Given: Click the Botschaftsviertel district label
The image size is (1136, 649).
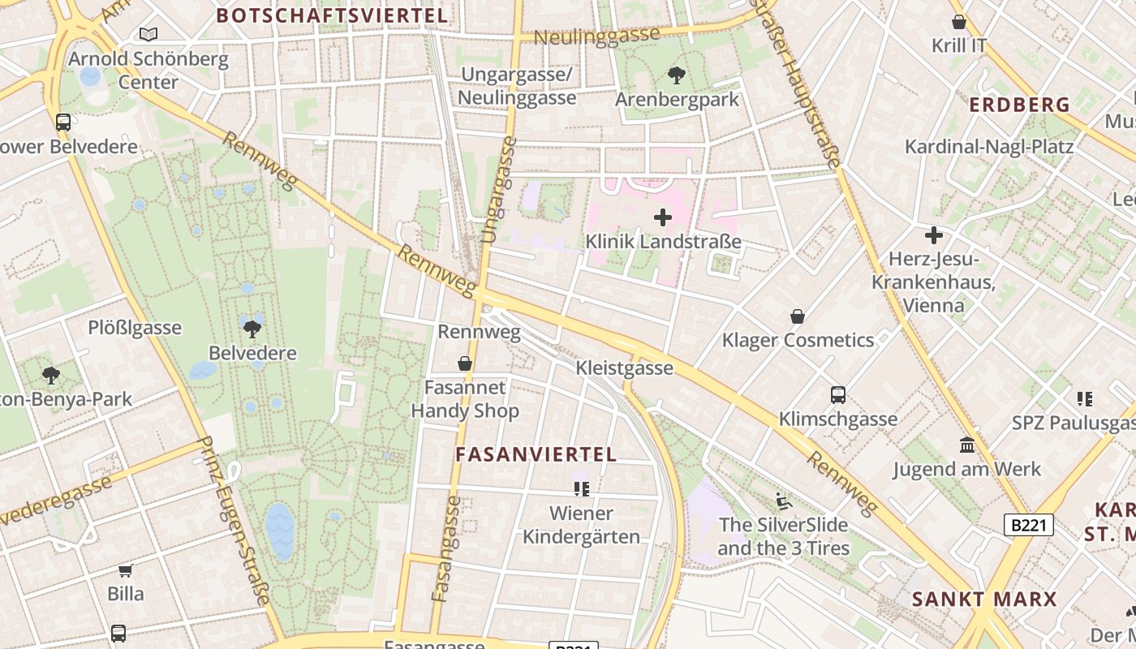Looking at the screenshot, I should pos(332,15).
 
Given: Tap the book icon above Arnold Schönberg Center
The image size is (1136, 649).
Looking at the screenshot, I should pos(148,34).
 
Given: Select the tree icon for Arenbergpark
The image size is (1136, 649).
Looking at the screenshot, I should pos(676,75).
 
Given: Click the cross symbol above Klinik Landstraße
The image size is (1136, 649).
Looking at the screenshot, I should pos(663,217).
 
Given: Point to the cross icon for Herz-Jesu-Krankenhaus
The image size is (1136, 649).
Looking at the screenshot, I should pos(934,235).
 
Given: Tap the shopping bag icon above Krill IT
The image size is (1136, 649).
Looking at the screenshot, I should pos(958,22).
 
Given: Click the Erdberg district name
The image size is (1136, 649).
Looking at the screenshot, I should pos(1020,104).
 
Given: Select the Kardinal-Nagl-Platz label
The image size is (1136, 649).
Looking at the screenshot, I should pos(989,147).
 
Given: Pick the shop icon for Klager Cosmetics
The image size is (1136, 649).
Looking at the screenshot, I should pos(798,316).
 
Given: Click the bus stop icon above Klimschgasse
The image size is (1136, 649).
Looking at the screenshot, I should pos(838,395).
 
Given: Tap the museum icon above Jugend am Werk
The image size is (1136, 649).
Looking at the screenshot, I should pos(967,445).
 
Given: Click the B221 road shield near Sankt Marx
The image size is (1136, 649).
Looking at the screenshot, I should pos(1028,525).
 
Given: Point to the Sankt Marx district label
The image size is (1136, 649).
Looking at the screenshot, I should pos(984,600).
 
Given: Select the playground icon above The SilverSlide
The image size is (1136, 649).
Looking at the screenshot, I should pos(783,501).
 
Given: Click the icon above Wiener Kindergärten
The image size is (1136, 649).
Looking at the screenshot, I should pos(581,488).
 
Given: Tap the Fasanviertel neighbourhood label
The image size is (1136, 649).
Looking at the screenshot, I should pos(536,454).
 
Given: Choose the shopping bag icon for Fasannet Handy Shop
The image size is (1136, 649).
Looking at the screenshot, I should pos(465,363).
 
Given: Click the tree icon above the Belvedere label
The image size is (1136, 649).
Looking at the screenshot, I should pos(252,329).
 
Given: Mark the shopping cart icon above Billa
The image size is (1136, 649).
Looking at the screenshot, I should pos(126,570).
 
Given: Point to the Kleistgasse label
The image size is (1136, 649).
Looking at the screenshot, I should pos(624,368).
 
